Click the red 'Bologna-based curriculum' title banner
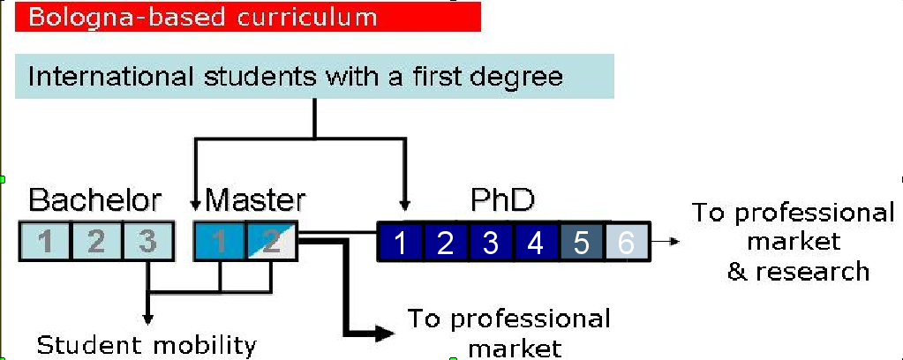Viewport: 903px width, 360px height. pyautogui.click(x=247, y=17)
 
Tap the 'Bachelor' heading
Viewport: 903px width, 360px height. pyautogui.click(x=95, y=199)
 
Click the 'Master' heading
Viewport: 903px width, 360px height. pyautogui.click(x=256, y=199)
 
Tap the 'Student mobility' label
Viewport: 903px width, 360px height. pyautogui.click(x=146, y=344)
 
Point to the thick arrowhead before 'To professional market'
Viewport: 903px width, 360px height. pyautogui.click(x=383, y=333)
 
